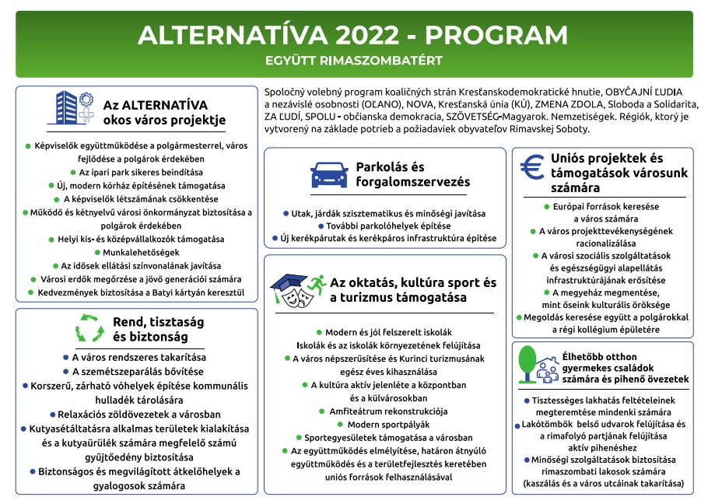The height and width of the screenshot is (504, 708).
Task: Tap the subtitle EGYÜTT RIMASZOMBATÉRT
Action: (354, 61)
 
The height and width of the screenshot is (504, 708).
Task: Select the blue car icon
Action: (329, 175)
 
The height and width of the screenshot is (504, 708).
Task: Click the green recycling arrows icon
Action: (89, 328)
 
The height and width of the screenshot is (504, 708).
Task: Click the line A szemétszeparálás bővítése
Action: (136, 371)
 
